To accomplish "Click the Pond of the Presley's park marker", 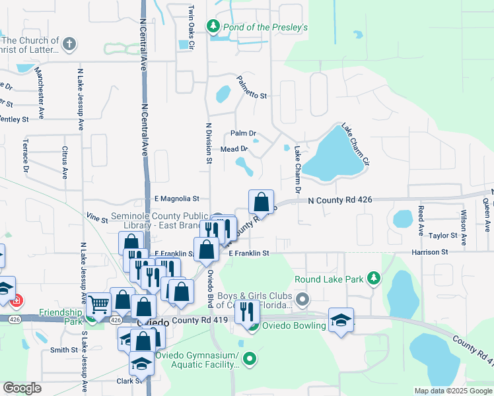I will [x=213, y=27].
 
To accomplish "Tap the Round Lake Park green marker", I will [x=374, y=279].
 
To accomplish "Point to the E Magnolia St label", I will [x=176, y=198].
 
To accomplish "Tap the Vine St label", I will [x=96, y=216].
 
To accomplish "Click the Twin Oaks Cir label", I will [x=191, y=27].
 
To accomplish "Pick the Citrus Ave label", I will [x=65, y=162].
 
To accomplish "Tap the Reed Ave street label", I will [x=421, y=220].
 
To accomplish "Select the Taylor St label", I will [x=442, y=236].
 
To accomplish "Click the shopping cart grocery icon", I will [x=99, y=305].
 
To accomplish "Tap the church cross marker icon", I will [x=69, y=44].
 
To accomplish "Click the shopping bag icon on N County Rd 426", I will [x=262, y=201].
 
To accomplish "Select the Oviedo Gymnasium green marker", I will [x=250, y=360].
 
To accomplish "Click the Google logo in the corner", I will [x=22, y=388].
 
